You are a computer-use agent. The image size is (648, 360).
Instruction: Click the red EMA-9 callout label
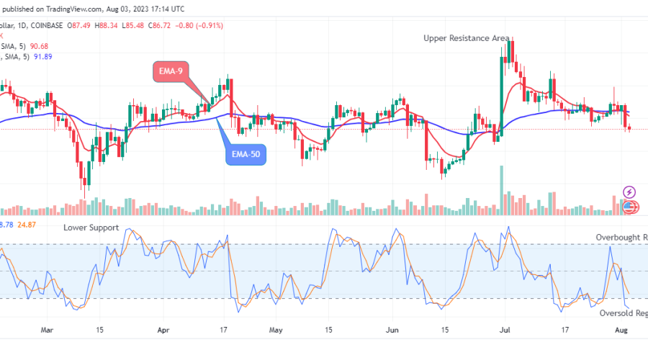[x=174, y=71]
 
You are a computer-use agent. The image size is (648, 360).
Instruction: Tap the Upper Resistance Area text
[x=467, y=37]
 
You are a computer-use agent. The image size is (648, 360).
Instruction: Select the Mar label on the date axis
[x=48, y=330]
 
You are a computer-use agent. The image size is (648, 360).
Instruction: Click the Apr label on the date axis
[x=163, y=330]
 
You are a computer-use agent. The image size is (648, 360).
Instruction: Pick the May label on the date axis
[x=276, y=330]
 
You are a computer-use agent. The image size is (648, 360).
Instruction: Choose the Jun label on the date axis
[x=392, y=330]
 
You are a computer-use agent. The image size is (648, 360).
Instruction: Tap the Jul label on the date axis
[x=505, y=330]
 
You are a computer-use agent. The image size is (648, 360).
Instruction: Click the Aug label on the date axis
[x=620, y=330]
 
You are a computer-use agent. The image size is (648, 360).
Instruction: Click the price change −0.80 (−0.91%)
[x=199, y=25]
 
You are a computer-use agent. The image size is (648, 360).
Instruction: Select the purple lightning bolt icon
[x=629, y=192]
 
